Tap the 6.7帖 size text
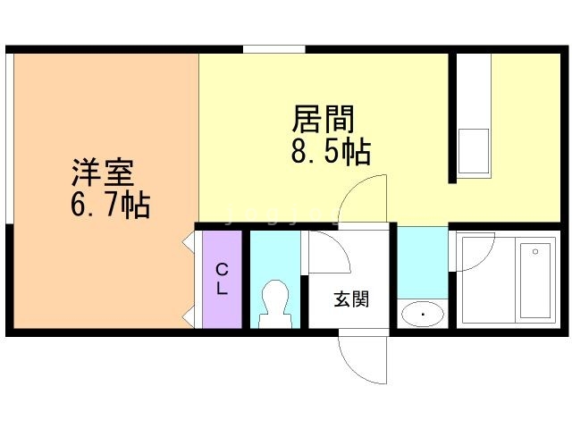110,206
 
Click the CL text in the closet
222,279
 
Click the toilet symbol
274,302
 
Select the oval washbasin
422,314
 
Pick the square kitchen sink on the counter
474,149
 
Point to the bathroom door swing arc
474,250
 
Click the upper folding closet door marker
189,241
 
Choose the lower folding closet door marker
189,315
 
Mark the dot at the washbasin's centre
422,314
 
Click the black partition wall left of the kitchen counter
452,117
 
